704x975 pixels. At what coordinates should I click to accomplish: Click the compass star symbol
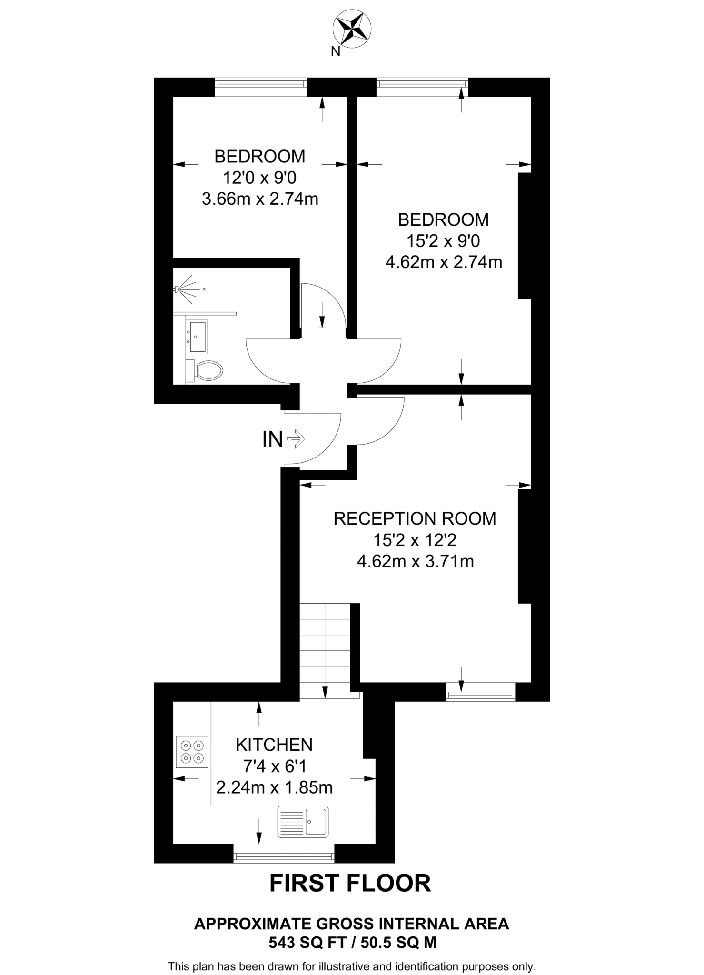tap(352, 29)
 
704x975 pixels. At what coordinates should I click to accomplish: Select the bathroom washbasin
tap(197, 337)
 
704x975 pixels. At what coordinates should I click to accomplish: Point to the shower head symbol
tap(177, 289)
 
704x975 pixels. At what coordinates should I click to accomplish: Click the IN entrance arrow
tap(297, 438)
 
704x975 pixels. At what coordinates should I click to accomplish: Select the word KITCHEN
tap(274, 745)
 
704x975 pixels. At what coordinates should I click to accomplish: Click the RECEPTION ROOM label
tap(415, 518)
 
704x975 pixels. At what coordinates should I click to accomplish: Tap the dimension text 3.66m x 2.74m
tap(260, 199)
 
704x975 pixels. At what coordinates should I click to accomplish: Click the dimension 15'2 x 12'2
tap(415, 540)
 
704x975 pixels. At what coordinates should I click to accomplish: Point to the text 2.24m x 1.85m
tap(274, 787)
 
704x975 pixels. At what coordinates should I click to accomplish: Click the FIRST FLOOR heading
tap(350, 883)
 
